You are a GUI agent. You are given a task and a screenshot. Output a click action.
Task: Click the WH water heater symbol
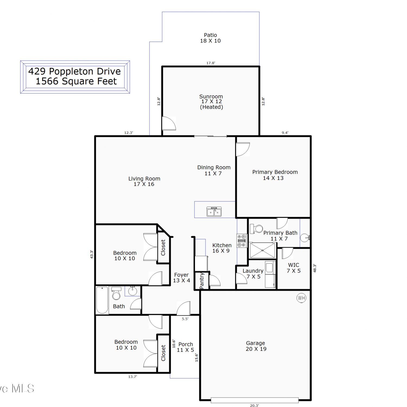click(301, 298)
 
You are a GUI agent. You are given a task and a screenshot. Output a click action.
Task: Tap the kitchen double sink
click(214, 212)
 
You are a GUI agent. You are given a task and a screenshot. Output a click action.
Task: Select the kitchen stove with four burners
click(241, 241)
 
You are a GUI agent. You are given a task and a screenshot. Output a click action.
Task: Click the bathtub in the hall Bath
click(102, 300)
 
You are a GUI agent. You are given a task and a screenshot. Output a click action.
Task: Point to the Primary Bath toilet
click(256, 229)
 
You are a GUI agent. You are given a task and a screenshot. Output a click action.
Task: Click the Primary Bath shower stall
click(262, 250)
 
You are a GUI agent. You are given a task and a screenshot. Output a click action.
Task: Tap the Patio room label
click(210, 38)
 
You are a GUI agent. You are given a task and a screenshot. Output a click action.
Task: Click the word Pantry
click(202, 281)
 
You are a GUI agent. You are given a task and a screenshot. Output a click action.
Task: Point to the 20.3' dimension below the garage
click(255, 405)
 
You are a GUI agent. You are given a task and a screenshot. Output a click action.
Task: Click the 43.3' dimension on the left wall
click(92, 254)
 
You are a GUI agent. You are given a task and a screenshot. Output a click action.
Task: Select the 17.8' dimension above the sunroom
click(211, 63)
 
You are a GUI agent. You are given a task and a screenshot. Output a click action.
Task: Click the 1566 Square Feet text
click(76, 81)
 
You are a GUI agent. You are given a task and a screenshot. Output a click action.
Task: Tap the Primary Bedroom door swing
click(243, 150)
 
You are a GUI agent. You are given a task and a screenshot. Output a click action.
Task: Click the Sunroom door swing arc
click(169, 123)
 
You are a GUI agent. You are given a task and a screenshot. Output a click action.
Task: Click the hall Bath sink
click(132, 291)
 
